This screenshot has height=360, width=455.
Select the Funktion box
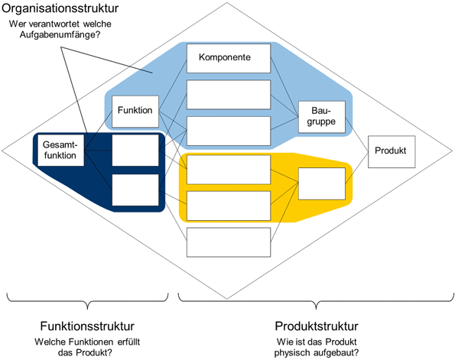(134, 111)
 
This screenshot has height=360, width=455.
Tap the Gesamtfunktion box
(60, 150)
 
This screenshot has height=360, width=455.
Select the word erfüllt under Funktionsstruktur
(128, 340)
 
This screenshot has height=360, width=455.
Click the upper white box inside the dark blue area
(135, 150)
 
